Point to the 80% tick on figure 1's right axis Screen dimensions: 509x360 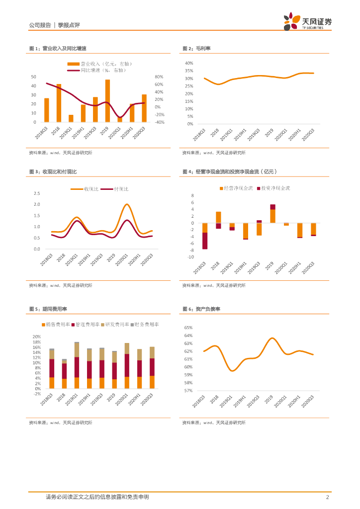(159, 77)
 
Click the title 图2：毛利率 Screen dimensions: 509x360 (197, 48)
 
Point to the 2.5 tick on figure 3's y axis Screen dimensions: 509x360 (37, 193)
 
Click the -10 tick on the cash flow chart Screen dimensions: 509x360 (190, 257)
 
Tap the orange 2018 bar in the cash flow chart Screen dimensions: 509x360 (218, 217)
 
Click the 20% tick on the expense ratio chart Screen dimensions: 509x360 (36, 337)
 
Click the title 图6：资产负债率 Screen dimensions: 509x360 (201, 309)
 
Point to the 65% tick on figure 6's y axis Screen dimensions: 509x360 (189, 328)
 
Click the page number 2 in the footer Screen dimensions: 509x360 (327, 497)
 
